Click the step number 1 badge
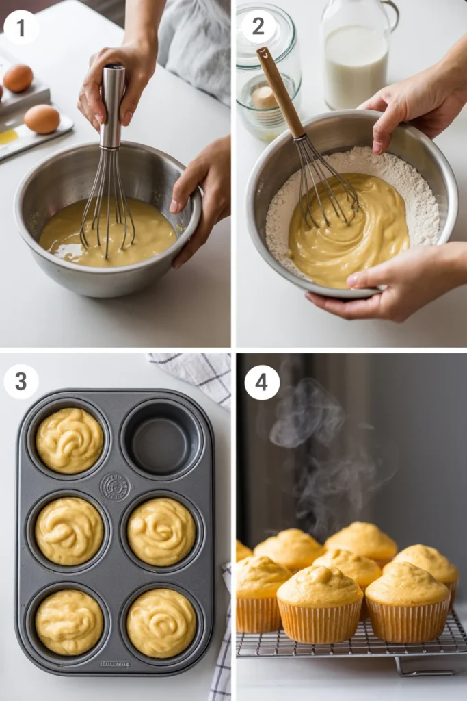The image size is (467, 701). [21, 28]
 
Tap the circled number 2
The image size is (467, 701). [258, 27]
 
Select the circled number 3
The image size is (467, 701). [21, 381]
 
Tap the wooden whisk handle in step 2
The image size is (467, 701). [280, 92]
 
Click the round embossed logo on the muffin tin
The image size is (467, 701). [114, 486]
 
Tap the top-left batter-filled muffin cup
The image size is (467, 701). [70, 441]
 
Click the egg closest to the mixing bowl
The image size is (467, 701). [42, 119]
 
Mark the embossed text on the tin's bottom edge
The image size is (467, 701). [114, 663]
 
